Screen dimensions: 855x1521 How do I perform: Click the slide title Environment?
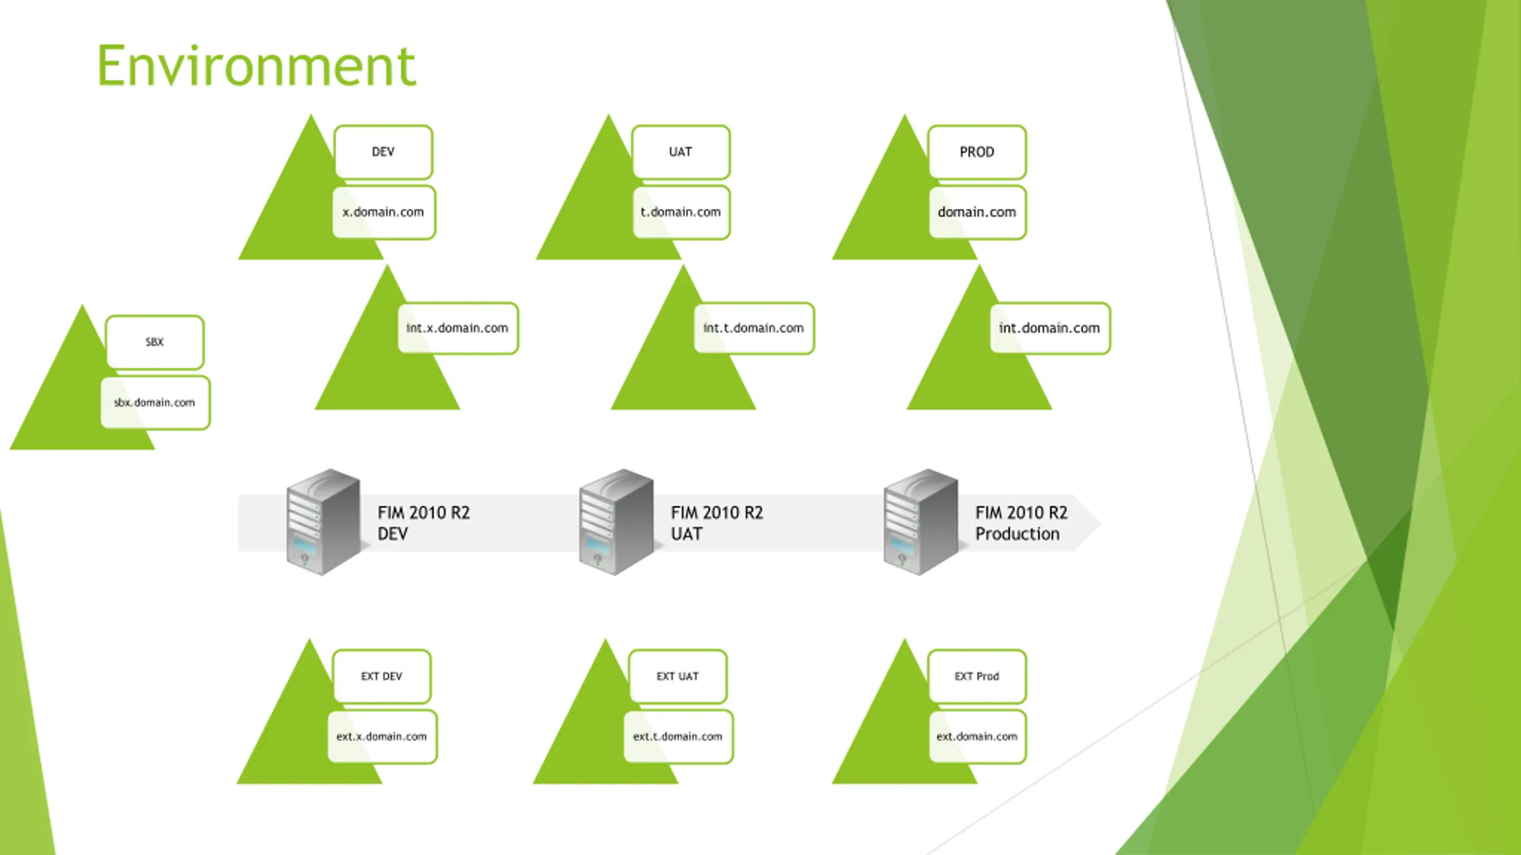(256, 66)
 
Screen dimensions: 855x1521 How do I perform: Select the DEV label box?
(383, 152)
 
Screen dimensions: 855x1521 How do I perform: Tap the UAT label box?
(681, 152)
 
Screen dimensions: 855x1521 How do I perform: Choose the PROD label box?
(977, 152)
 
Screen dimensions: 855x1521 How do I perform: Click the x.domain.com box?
(384, 213)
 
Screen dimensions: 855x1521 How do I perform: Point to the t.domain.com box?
(681, 213)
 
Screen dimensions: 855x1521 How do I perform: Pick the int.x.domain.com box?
(457, 328)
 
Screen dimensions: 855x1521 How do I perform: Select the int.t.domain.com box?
(753, 328)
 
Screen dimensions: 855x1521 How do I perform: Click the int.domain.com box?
(1049, 328)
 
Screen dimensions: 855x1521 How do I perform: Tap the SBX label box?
(154, 342)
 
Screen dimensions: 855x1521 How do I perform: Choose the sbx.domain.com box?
(155, 403)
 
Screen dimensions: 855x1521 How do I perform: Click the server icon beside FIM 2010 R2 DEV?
(323, 522)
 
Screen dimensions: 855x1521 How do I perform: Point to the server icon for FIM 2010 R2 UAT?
(616, 522)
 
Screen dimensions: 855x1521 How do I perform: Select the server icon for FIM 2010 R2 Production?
(920, 522)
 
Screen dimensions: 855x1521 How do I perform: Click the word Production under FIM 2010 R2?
(1017, 534)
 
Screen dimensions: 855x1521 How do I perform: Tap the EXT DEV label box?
(381, 676)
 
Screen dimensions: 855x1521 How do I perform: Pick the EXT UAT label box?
(678, 676)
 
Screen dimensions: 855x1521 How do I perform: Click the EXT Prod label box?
(977, 676)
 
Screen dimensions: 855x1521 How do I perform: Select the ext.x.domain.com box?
(382, 737)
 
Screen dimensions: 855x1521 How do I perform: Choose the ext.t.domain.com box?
(678, 737)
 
